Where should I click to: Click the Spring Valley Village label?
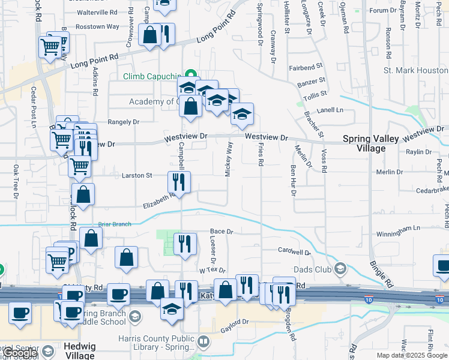pos(372,143)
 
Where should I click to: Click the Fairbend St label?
pos(306,67)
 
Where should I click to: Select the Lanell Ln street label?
pos(330,110)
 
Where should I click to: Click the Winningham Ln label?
pos(399,229)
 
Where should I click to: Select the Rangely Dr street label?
pos(123,121)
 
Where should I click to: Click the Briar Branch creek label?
pos(115,224)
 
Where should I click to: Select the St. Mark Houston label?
pos(415,70)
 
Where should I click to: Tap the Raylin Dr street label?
pos(418,152)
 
